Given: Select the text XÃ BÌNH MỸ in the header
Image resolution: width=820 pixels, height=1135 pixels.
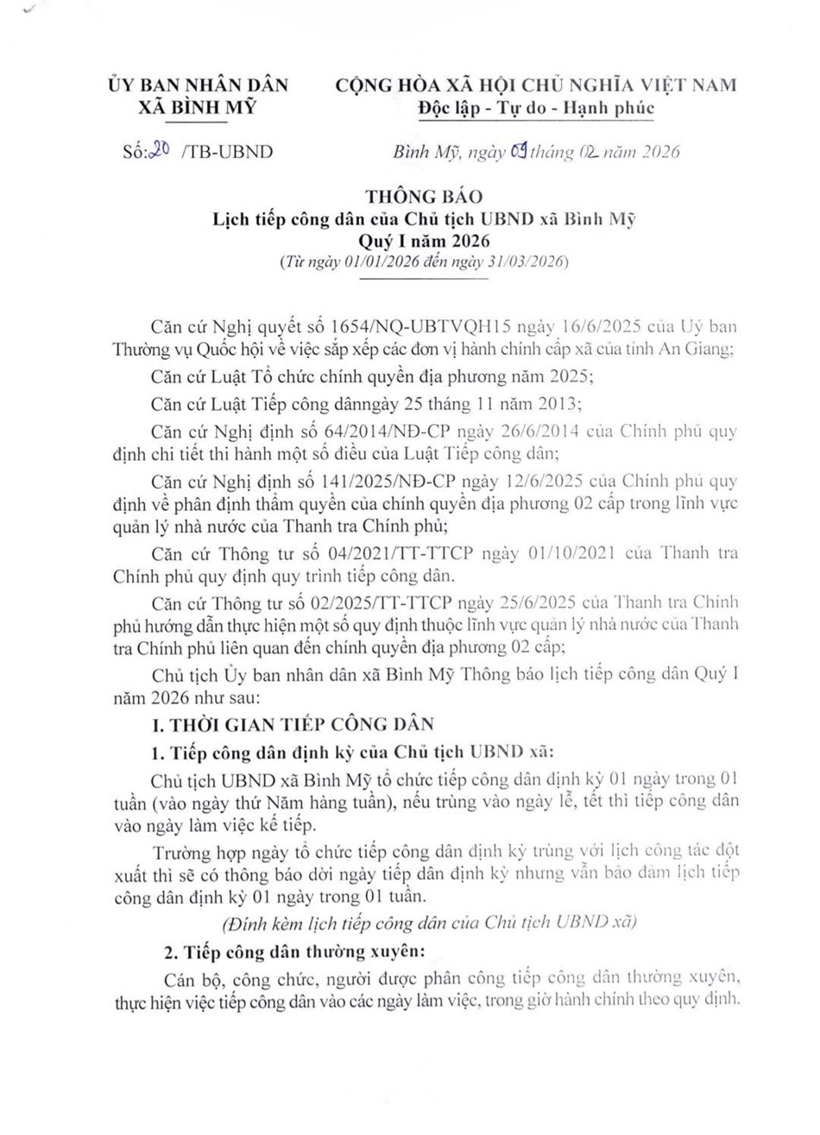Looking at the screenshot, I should pyautogui.click(x=197, y=108).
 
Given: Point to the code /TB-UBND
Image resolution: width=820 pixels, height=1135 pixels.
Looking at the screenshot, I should pyautogui.click(x=224, y=153).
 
